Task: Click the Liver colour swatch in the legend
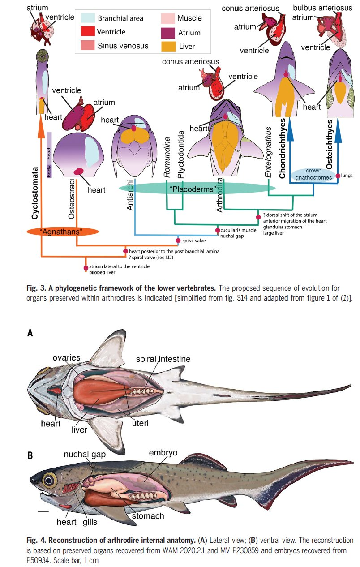[x=168, y=46]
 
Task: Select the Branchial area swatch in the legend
[x=88, y=18]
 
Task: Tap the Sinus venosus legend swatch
[x=88, y=46]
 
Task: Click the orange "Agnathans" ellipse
[x=62, y=232]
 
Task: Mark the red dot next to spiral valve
[x=178, y=241]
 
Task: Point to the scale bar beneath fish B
[x=43, y=511]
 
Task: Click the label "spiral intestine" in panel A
[x=163, y=359]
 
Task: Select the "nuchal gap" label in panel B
[x=84, y=454]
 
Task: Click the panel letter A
[x=30, y=333]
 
